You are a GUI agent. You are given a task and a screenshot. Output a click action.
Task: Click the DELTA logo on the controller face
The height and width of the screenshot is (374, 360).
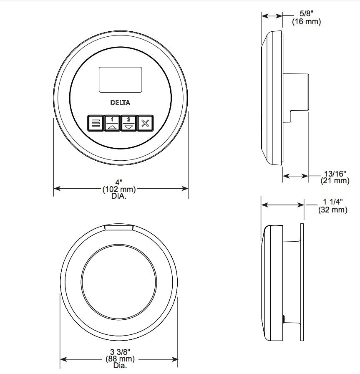point(120,103)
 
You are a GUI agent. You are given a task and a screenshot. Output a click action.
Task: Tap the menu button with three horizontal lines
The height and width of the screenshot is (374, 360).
point(96,123)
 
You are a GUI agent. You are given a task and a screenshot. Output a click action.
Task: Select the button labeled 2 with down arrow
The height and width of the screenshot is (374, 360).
point(129,123)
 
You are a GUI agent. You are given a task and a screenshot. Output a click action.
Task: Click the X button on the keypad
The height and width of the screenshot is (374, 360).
point(145,123)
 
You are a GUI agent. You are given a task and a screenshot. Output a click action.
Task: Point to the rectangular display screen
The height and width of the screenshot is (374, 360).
point(121,80)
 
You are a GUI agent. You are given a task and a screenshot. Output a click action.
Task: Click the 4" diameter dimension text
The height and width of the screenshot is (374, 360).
point(119,182)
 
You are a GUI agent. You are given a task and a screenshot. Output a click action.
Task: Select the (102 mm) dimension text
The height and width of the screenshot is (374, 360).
point(119,190)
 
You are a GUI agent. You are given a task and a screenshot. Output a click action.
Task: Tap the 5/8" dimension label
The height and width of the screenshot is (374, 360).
point(307,13)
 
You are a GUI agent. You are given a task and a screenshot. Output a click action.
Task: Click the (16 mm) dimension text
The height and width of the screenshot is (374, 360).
point(307,21)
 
